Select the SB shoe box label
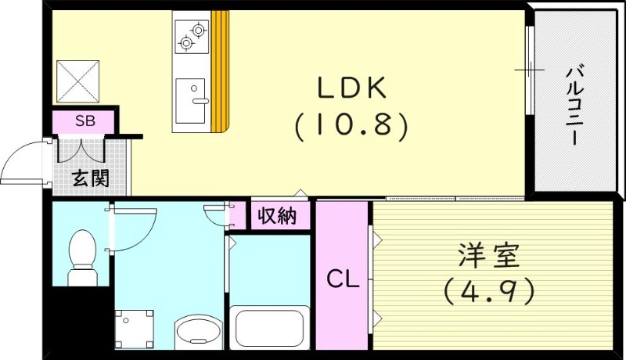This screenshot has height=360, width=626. (x=84, y=121)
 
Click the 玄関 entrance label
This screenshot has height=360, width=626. (x=91, y=178)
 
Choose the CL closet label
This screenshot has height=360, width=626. (x=342, y=278)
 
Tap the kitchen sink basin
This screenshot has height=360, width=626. (x=190, y=99)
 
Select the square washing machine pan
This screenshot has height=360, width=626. (x=134, y=327)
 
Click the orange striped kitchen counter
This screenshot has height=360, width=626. (x=221, y=70)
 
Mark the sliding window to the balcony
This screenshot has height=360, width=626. (x=531, y=71)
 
